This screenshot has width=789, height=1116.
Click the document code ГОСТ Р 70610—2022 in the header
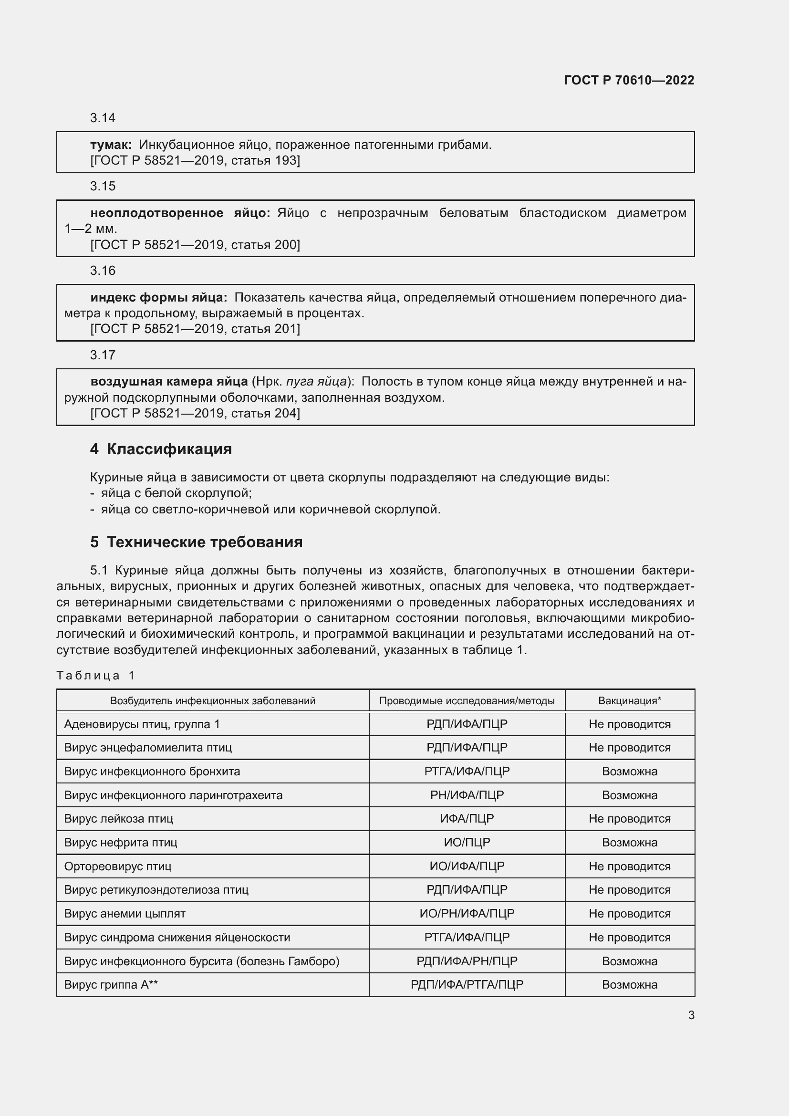click(x=629, y=80)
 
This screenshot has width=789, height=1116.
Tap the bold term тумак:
click(x=111, y=145)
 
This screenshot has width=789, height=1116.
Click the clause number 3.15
click(x=103, y=186)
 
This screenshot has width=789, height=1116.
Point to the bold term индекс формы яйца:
click(x=158, y=297)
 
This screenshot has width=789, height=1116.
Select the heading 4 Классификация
click(x=161, y=448)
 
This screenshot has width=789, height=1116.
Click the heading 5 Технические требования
click(x=196, y=542)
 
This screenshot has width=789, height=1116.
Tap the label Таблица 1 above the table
click(x=95, y=675)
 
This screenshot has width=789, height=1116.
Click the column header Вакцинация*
click(x=629, y=700)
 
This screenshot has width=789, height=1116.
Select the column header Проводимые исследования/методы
click(x=467, y=700)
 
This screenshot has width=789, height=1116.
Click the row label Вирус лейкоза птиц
click(x=119, y=819)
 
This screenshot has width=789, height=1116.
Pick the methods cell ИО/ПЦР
click(x=467, y=842)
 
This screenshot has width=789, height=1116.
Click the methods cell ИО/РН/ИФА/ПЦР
click(x=467, y=913)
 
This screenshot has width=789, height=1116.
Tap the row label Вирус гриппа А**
click(x=111, y=984)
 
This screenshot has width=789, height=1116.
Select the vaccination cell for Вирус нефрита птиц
click(x=629, y=842)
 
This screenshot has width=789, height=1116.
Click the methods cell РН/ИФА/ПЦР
click(x=467, y=795)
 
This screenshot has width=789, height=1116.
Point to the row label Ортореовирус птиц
click(x=117, y=866)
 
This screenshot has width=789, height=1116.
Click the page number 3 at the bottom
click(x=691, y=1015)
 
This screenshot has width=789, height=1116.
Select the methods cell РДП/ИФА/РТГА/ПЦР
click(x=467, y=984)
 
